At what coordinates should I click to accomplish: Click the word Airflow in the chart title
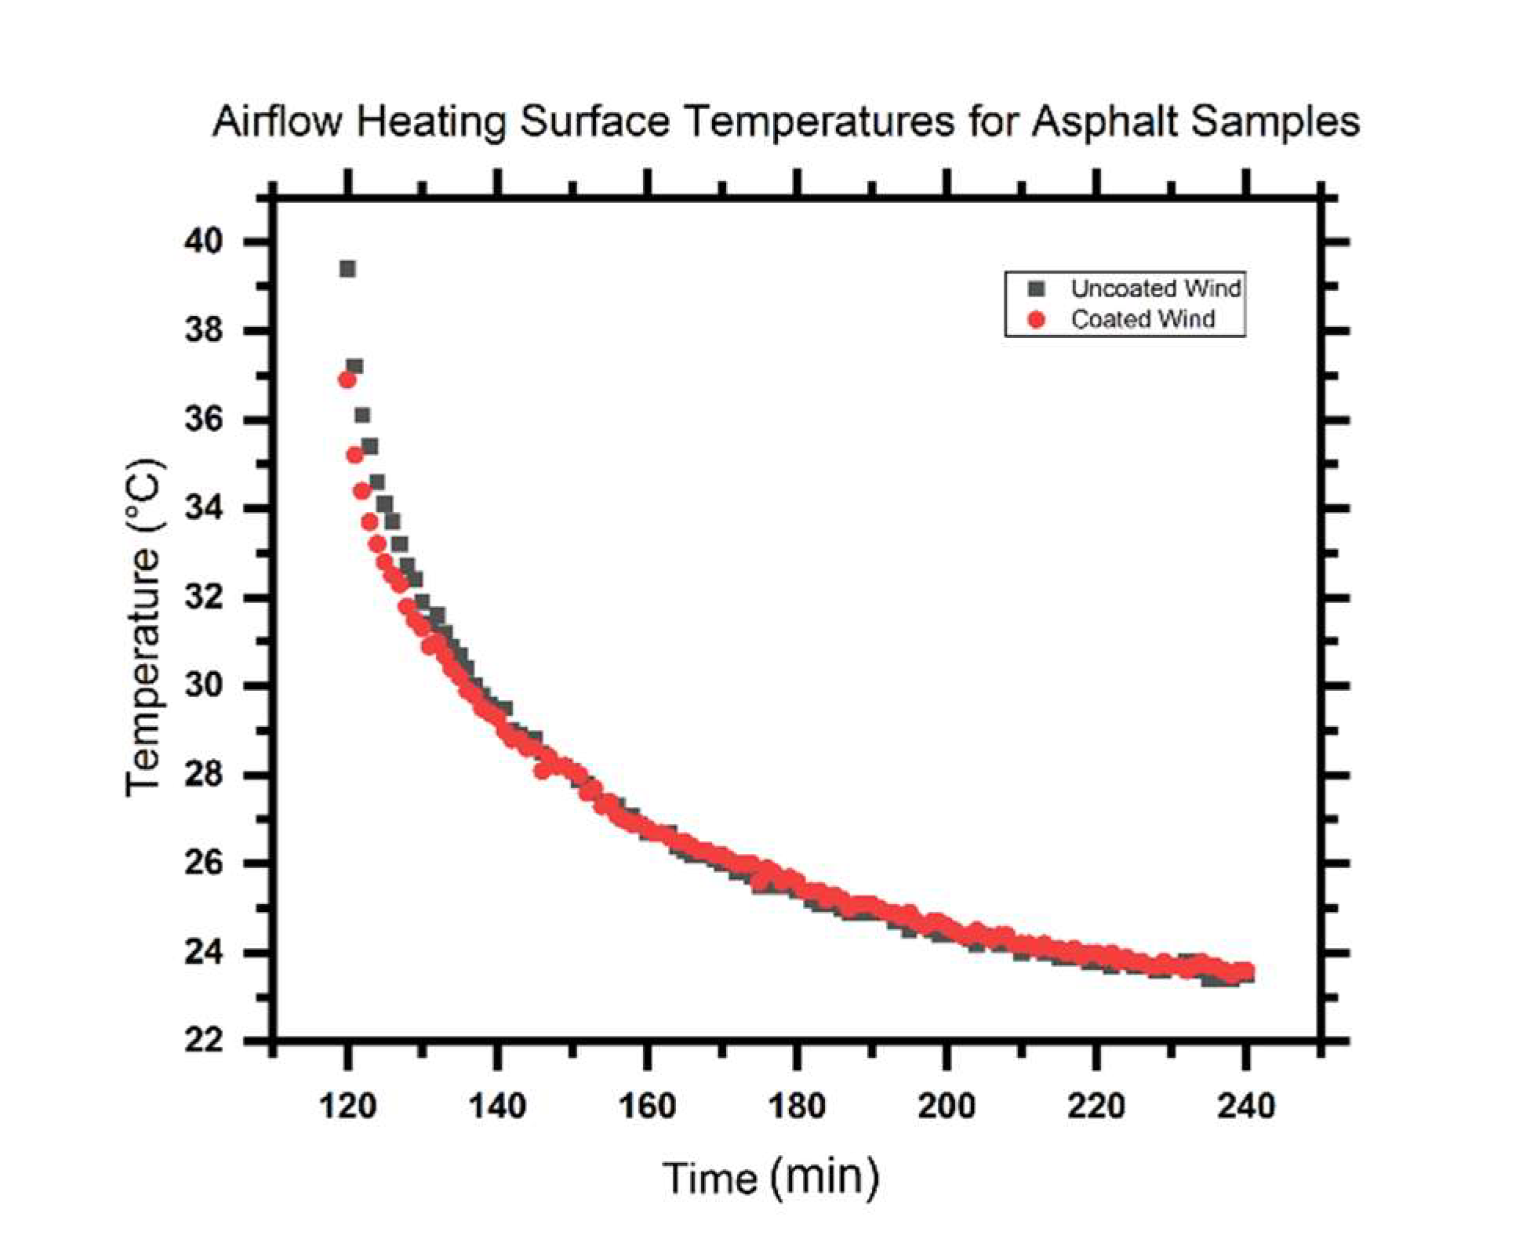277,123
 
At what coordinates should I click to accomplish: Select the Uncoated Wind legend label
1155,289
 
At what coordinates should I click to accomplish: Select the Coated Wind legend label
1143,320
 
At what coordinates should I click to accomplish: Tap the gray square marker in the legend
1037,289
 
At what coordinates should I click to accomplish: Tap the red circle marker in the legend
1037,320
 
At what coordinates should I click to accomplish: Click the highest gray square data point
347,269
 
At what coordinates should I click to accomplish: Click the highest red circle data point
347,380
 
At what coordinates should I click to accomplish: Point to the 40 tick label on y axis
204,242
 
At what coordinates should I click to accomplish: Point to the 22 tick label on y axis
204,1041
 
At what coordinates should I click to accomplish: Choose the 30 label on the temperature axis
204,686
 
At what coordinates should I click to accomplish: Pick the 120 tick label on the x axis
347,1106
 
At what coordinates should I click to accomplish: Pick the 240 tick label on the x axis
1245,1106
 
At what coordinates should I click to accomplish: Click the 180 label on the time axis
797,1106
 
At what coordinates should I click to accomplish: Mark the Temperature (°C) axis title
144,627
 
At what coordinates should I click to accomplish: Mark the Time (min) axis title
771,1178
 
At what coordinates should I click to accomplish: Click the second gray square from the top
354,366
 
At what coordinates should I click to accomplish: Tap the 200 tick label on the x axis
946,1106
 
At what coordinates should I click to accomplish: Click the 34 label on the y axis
204,508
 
